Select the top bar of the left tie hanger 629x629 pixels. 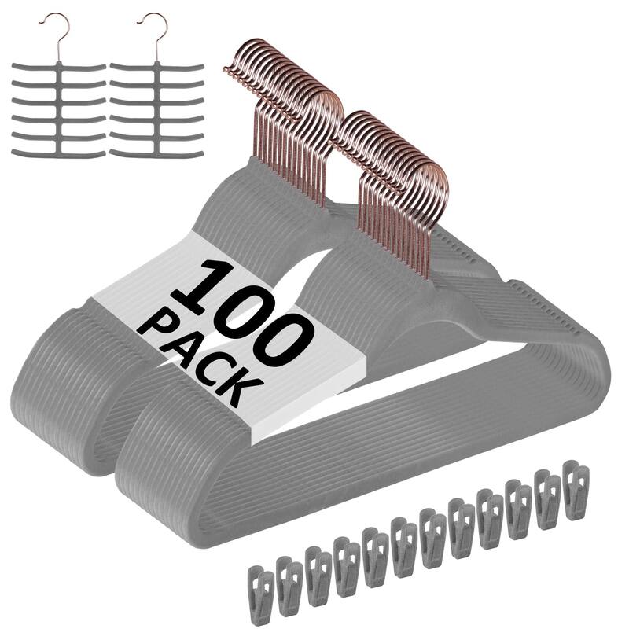59,68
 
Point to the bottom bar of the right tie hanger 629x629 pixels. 157,153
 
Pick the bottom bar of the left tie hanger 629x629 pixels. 59,153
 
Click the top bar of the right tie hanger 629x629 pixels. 157,68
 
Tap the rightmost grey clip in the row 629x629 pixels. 576,491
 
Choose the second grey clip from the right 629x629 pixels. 546,499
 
